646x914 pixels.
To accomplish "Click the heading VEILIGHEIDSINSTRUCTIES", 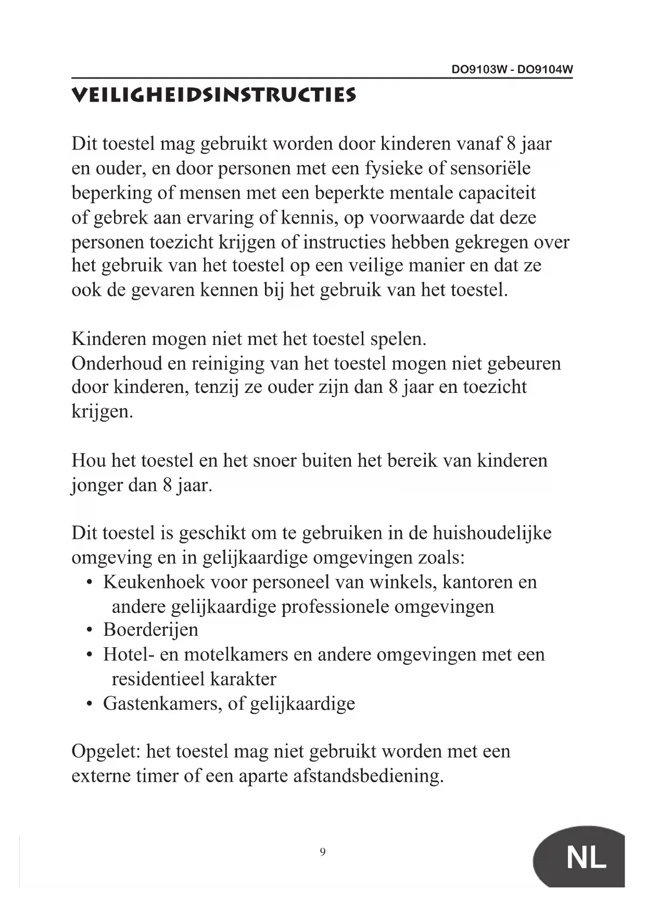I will [x=213, y=95].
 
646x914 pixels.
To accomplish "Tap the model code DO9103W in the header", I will [x=479, y=70].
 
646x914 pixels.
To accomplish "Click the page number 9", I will [x=323, y=852].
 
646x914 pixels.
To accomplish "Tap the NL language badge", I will [x=586, y=857].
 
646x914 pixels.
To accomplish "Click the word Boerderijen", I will [x=150, y=630].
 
